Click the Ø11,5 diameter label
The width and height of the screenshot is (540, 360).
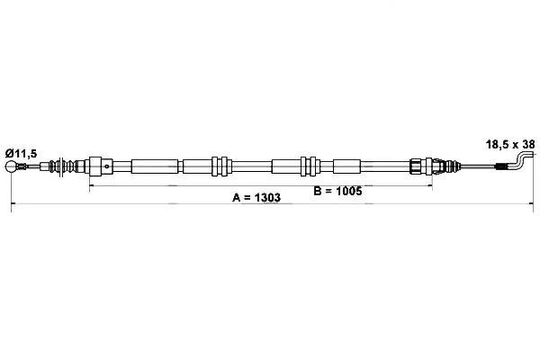point(21,153)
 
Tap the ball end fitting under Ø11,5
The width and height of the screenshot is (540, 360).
point(11,166)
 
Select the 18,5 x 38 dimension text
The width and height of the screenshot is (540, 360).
point(510,144)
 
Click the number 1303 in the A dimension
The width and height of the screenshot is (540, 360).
point(267,197)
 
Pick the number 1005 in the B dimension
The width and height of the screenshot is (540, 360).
point(348,191)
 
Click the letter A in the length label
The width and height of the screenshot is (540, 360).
point(236,197)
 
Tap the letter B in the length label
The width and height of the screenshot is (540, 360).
point(318,191)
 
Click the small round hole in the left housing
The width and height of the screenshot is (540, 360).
point(107,166)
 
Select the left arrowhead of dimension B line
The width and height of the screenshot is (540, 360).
point(91,185)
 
